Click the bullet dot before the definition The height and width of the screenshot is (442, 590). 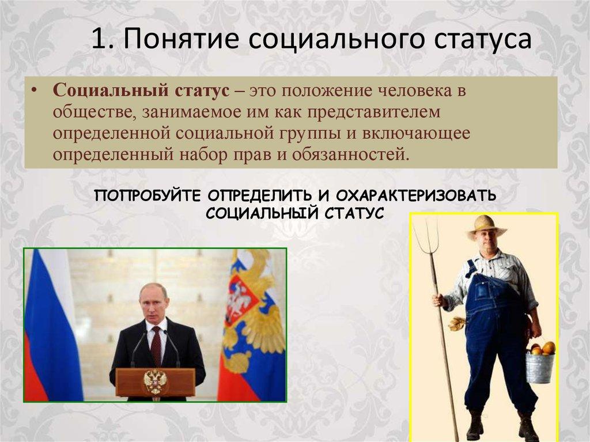[35, 92]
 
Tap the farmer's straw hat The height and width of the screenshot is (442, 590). [485, 226]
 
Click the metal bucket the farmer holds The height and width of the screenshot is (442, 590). [540, 368]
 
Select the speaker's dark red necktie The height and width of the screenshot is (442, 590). [156, 345]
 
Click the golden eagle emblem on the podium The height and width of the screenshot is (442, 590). [155, 381]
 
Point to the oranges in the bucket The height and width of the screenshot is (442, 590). [543, 348]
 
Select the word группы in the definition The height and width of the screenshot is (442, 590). [315, 134]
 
